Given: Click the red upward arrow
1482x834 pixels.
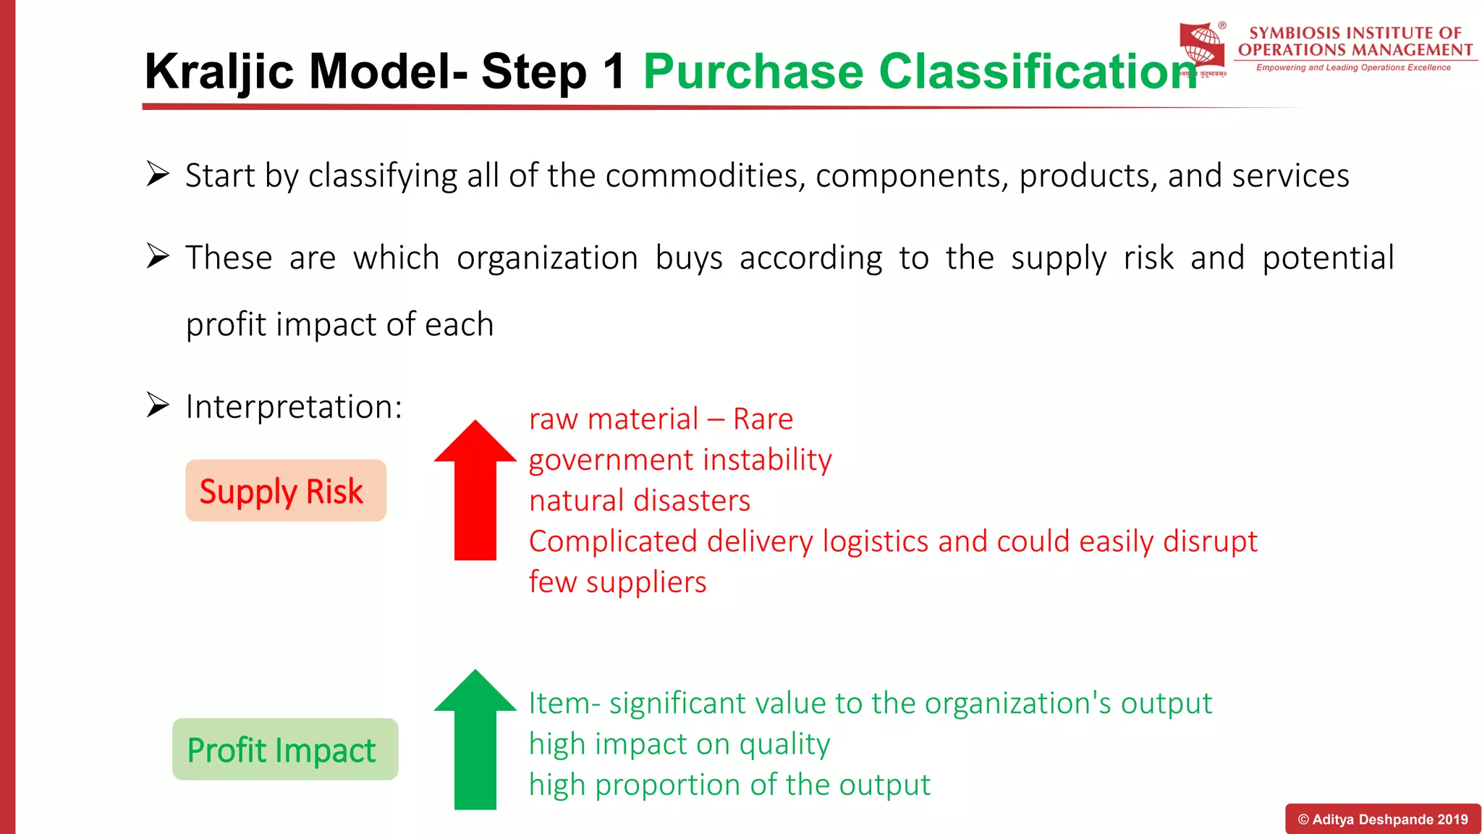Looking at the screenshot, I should click(475, 492).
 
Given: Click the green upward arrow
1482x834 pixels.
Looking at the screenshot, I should click(475, 742).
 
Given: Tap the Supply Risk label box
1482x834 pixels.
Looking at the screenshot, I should click(285, 491).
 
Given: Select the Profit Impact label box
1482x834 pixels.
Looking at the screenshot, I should click(285, 749).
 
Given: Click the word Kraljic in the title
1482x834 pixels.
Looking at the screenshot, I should click(219, 72).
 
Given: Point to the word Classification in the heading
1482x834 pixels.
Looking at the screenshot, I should click(1036, 72).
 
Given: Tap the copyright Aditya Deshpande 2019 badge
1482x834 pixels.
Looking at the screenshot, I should click(1382, 820).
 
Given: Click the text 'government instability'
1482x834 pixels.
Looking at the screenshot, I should click(680, 460).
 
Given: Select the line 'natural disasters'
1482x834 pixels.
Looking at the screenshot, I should click(640, 501).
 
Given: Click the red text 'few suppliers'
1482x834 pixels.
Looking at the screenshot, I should click(617, 582).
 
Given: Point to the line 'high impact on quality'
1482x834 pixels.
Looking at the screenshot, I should click(679, 744).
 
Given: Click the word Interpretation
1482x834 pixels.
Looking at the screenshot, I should click(293, 407).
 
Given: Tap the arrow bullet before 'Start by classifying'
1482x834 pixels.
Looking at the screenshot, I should click(158, 174).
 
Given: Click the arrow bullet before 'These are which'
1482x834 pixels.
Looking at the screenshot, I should click(158, 256).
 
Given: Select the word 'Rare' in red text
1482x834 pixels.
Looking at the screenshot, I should click(763, 419).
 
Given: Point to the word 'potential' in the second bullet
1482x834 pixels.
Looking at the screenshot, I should click(1328, 258).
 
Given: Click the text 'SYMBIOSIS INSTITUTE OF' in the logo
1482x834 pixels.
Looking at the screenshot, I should click(1355, 33).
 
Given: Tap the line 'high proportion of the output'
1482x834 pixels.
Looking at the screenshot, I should click(729, 785).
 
